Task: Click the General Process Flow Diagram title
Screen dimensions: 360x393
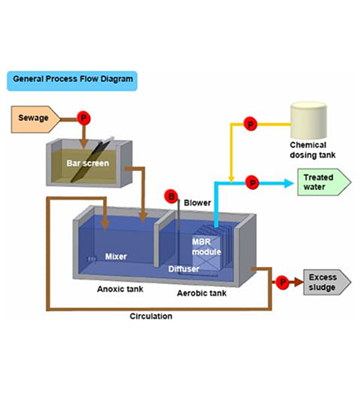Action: (72, 79)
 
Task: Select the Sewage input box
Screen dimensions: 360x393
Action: (36, 119)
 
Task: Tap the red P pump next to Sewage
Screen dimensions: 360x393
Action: (83, 118)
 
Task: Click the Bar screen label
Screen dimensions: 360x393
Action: (88, 163)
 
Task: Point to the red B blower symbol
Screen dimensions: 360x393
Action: (171, 197)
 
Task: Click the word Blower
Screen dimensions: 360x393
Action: (198, 203)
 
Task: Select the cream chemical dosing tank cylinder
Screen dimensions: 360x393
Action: (309, 120)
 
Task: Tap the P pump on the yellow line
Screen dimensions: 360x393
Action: (250, 124)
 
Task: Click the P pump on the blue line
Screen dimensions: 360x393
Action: (252, 183)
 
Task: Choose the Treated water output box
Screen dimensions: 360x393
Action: (324, 182)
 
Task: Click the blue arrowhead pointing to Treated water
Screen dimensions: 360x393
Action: (288, 183)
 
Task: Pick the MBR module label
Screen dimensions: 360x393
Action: (206, 247)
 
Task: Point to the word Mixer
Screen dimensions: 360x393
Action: (116, 257)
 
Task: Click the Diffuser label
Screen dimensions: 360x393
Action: (183, 269)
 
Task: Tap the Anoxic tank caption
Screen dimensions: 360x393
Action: (120, 289)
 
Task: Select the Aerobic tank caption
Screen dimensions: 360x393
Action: (202, 293)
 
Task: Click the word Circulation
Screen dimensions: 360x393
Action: (151, 316)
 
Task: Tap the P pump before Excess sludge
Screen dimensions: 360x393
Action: (282, 282)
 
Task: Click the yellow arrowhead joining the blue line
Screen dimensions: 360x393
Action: (231, 179)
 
